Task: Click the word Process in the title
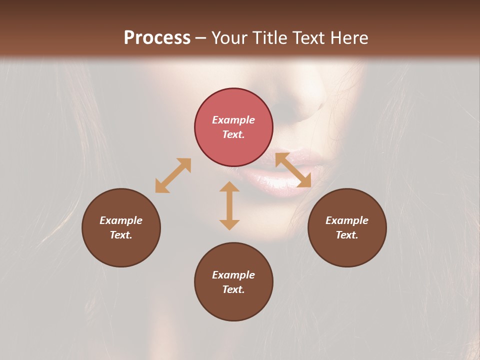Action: [157, 38]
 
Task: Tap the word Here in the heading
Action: [348, 38]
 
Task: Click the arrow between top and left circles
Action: [173, 175]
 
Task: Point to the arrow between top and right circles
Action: [293, 170]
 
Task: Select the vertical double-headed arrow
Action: [229, 205]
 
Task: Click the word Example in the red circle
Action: [233, 120]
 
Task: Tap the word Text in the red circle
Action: [233, 134]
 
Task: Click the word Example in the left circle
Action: [121, 220]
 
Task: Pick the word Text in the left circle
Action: [121, 235]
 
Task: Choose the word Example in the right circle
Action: [347, 220]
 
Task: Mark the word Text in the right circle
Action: [347, 235]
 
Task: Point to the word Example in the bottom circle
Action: [233, 275]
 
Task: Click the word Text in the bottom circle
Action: [233, 289]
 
